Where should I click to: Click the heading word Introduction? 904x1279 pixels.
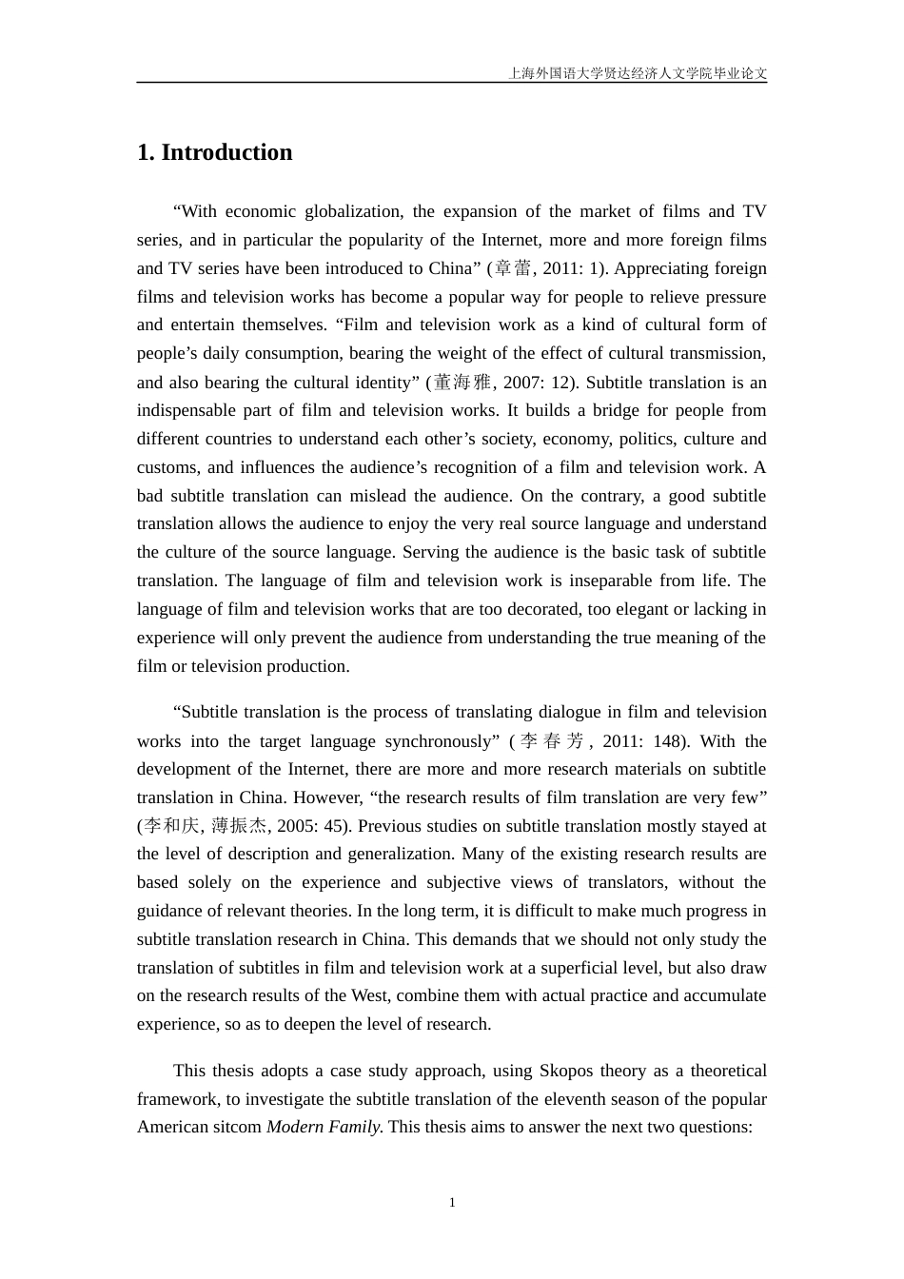point(226,152)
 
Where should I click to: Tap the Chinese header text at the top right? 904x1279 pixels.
point(638,72)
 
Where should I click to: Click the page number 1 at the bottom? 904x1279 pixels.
point(452,1202)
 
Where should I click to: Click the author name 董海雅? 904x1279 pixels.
point(462,383)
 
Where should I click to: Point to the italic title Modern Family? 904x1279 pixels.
point(324,1127)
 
